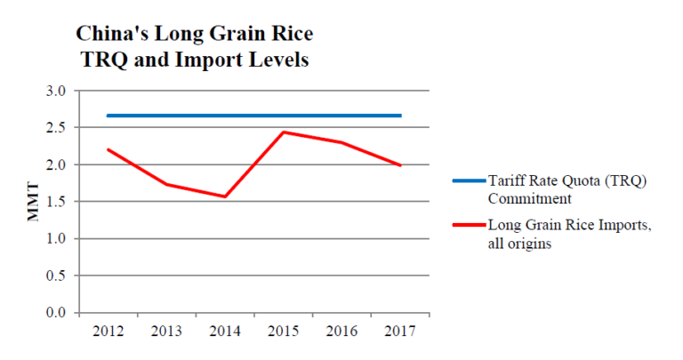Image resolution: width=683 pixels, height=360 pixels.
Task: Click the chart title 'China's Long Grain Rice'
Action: [x=194, y=36]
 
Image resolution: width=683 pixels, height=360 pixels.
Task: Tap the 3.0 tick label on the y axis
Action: [x=56, y=91]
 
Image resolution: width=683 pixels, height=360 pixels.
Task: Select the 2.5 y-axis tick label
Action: [x=56, y=128]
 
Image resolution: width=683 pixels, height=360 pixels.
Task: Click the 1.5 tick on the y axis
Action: [x=56, y=202]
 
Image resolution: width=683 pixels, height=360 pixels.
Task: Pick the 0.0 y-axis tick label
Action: [x=56, y=313]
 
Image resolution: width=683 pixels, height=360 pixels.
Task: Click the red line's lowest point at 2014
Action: [x=224, y=196]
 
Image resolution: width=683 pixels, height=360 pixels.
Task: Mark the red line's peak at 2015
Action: [x=283, y=132]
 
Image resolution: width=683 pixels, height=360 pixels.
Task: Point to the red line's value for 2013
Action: [x=165, y=184]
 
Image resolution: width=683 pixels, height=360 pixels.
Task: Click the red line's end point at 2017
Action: [x=400, y=165]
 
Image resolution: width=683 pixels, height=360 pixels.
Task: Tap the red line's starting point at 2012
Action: [x=107, y=149]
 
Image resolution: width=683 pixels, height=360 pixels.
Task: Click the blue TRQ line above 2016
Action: [x=341, y=116]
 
